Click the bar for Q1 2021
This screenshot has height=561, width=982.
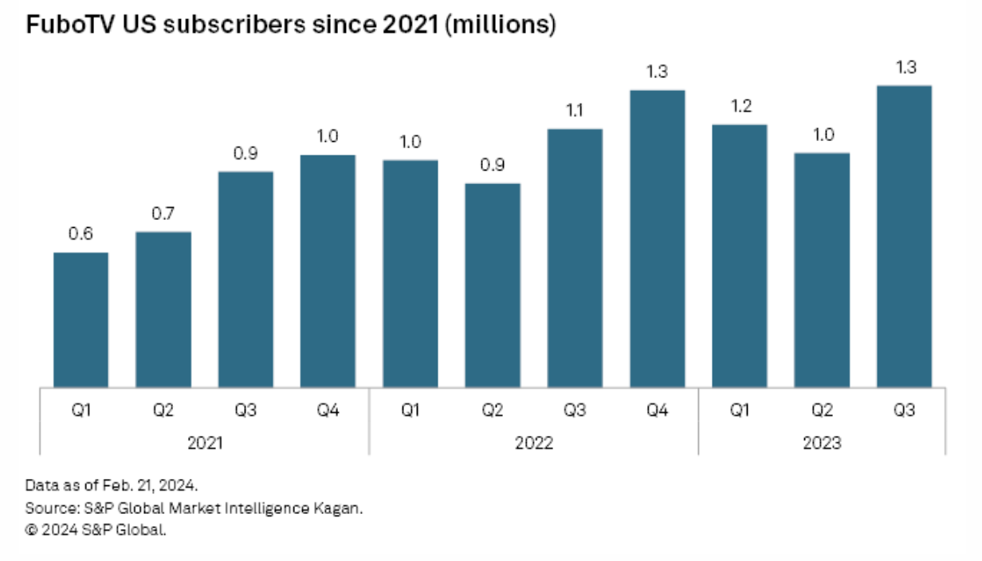pos(81,320)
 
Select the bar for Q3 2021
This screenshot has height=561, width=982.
pos(245,279)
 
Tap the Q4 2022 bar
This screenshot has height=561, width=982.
pos(658,238)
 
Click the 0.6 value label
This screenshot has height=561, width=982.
pos(81,234)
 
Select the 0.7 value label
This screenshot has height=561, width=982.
pos(163,214)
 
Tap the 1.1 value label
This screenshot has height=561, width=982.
pos(575,110)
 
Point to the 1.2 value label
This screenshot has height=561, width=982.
pos(740,106)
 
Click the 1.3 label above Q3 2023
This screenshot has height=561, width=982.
pos(904,68)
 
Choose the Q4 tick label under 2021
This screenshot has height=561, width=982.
pos(328,411)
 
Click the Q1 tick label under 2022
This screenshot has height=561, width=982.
pos(410,411)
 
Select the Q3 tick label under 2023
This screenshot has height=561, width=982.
pos(904,411)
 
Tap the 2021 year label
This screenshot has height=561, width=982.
pos(204,443)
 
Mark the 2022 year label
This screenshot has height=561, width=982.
pos(533,443)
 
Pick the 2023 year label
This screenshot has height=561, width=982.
pos(822,443)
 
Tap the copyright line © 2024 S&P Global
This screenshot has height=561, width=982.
pos(96,529)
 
